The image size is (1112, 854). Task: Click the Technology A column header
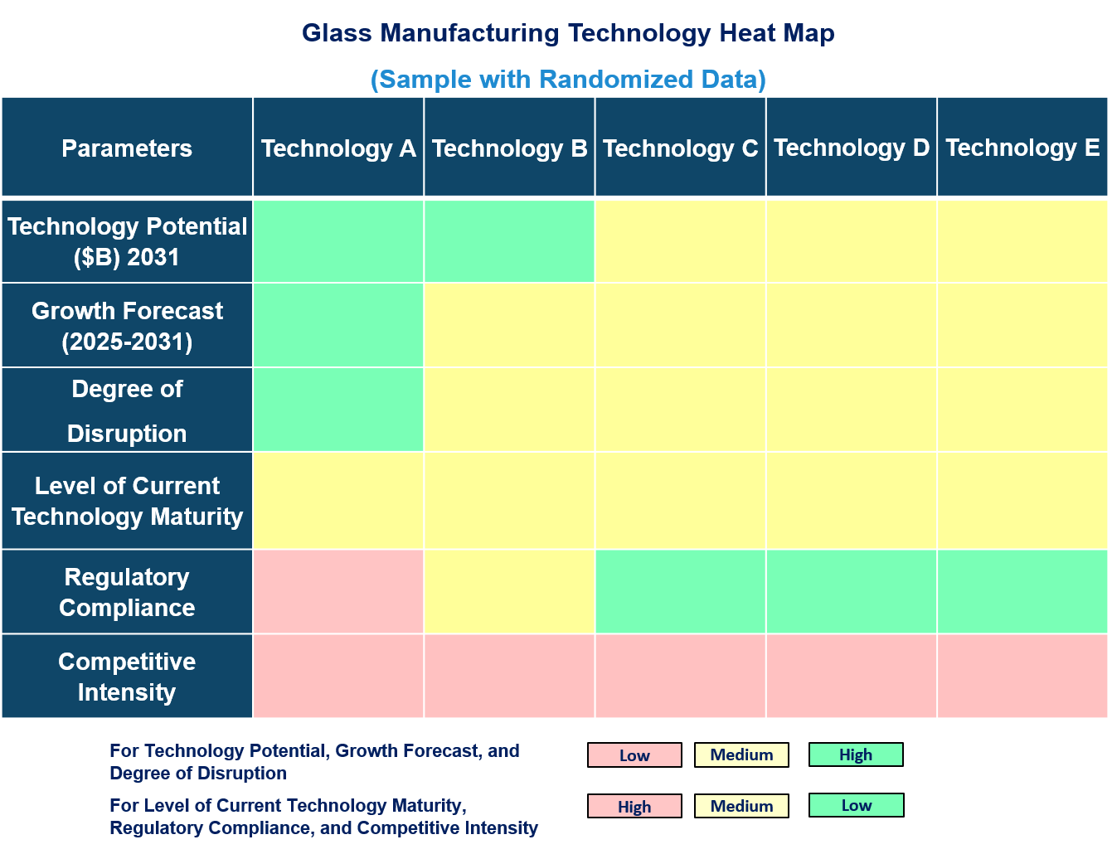pyautogui.click(x=338, y=148)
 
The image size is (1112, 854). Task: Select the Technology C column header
pyautogui.click(x=680, y=148)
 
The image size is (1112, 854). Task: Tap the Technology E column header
pyautogui.click(x=1022, y=148)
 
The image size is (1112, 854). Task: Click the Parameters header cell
pyautogui.click(x=127, y=148)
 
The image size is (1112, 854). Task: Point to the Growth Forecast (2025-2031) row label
pyautogui.click(x=127, y=326)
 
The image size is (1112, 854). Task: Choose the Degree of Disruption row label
pyautogui.click(x=127, y=410)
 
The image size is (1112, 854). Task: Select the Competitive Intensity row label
pyautogui.click(x=127, y=677)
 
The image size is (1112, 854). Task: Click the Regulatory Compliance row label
pyautogui.click(x=127, y=592)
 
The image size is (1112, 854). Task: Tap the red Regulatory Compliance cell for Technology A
pyautogui.click(x=338, y=592)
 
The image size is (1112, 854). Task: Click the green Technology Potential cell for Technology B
pyautogui.click(x=509, y=241)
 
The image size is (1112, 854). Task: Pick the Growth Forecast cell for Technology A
pyautogui.click(x=338, y=326)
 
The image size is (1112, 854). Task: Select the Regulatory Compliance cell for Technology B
pyautogui.click(x=509, y=592)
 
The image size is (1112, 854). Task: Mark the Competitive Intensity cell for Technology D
pyautogui.click(x=852, y=677)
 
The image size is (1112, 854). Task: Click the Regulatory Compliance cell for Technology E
pyautogui.click(x=1022, y=592)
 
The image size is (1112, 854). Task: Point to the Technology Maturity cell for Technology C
pyautogui.click(x=680, y=501)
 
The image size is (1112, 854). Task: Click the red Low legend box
pyautogui.click(x=634, y=755)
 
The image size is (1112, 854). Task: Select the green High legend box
pyautogui.click(x=856, y=755)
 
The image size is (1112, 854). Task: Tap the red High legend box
pyautogui.click(x=634, y=806)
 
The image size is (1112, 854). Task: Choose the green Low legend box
pyautogui.click(x=856, y=805)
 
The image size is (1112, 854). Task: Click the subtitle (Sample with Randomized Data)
pyautogui.click(x=568, y=79)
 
